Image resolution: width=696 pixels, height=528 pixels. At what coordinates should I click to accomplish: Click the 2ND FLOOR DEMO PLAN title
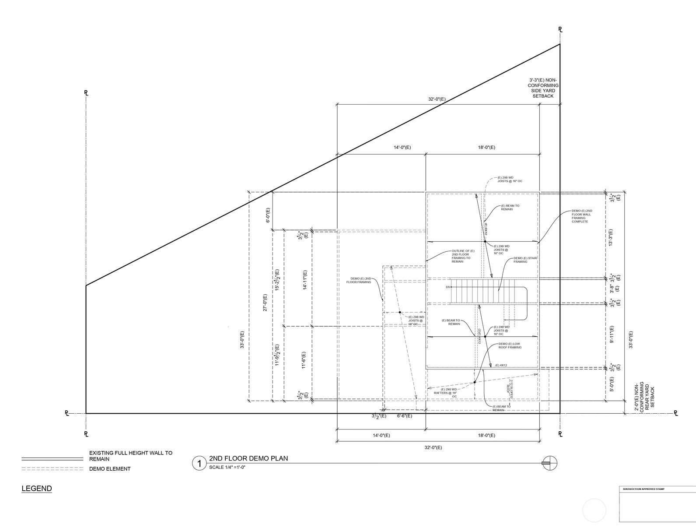coord(248,458)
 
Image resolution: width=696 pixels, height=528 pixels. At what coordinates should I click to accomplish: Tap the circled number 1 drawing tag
coord(199,463)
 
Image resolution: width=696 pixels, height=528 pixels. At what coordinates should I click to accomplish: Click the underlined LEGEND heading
coord(37,489)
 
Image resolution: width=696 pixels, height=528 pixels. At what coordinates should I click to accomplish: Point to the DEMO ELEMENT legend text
coord(110,469)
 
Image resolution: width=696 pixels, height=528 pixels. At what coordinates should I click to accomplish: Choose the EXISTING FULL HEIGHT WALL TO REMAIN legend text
coord(130,456)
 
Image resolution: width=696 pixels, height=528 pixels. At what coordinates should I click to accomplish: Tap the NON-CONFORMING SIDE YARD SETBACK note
coord(543,88)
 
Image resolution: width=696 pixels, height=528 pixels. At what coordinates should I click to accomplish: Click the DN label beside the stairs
coord(448,287)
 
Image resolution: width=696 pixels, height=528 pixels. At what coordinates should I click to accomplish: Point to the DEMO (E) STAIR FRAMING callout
coord(525,260)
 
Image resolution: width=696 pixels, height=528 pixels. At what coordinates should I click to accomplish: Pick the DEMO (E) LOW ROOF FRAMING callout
coord(510,345)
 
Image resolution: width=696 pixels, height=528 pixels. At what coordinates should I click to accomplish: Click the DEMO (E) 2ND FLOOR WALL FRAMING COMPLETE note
coord(582,216)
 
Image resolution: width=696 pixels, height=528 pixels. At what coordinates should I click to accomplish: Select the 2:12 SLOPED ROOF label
coord(510,388)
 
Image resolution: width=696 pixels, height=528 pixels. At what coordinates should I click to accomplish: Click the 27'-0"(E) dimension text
coord(265,303)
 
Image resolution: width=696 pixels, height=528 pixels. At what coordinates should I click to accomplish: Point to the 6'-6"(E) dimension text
coord(404,416)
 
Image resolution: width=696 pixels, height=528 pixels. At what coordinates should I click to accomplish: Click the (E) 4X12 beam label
coord(501,365)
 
